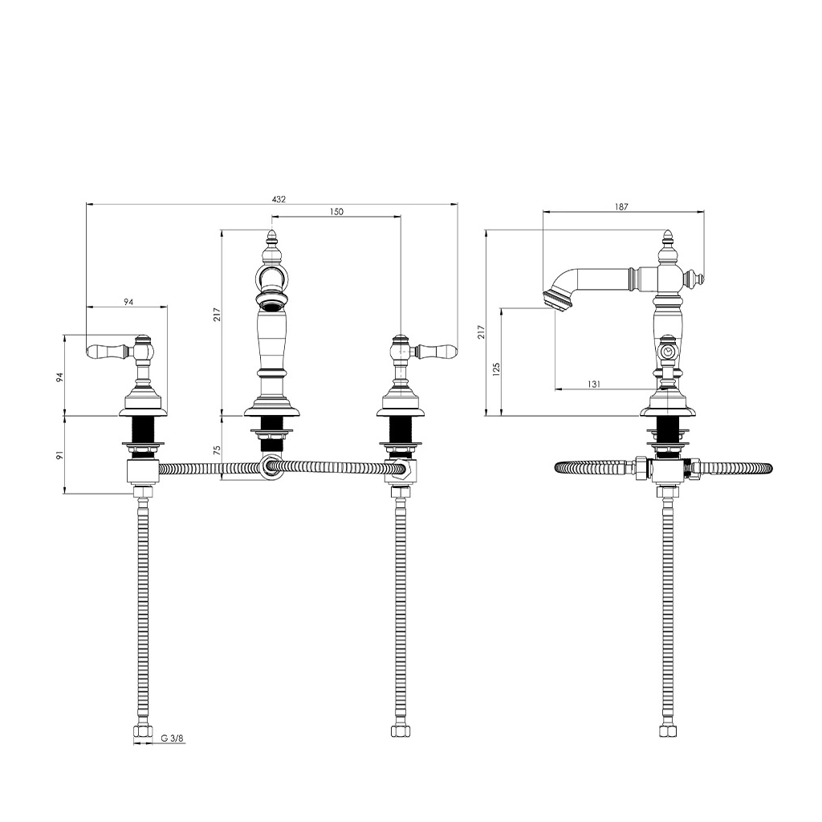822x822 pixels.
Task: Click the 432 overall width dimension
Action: [x=279, y=199]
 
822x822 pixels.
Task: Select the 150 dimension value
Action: [x=336, y=212]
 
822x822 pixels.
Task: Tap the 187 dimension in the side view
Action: [x=621, y=207]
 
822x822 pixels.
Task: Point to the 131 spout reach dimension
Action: [x=594, y=385]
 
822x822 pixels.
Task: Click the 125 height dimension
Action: [x=496, y=368]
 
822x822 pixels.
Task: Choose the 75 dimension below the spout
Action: [x=218, y=450]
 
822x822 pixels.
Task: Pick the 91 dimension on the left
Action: [x=60, y=455]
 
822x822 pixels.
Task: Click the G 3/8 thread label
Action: [x=173, y=739]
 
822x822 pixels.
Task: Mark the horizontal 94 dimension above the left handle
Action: [x=128, y=302]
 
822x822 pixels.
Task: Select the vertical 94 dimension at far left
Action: [x=60, y=377]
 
